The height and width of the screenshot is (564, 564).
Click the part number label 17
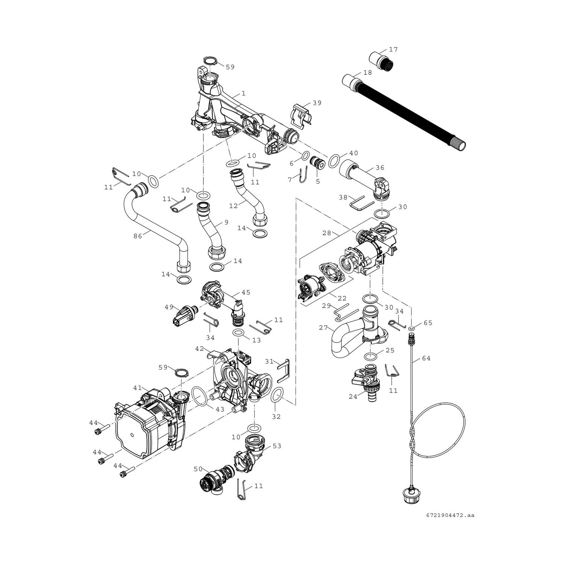pos(393,50)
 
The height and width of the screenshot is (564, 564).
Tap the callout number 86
pos(138,237)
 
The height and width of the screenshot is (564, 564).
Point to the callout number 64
pos(426,358)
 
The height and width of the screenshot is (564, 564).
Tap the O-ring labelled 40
pos(334,161)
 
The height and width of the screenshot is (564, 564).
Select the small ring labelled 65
pos(412,329)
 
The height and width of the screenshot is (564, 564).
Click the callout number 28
pos(326,233)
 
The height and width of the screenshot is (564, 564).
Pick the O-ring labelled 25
pos(371,356)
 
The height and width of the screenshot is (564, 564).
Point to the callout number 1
pos(243,93)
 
